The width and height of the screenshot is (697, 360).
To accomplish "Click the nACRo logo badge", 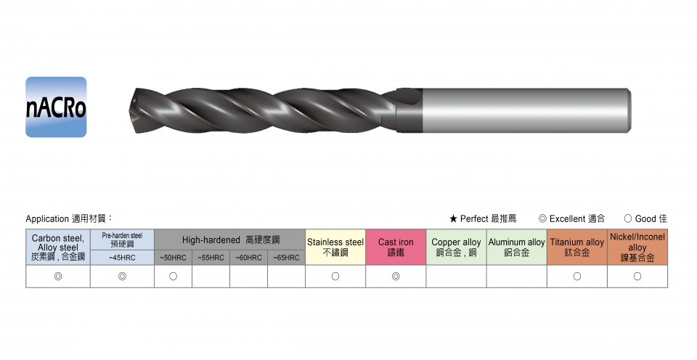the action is [x=56, y=107].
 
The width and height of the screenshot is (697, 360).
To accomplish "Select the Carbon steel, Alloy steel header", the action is [x=58, y=247].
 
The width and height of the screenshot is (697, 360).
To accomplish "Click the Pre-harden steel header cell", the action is [x=122, y=240].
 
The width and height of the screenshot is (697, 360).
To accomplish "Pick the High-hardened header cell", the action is [x=230, y=240].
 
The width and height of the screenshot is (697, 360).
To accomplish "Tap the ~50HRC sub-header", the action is [x=174, y=258].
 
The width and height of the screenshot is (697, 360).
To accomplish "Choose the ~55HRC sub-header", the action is [x=211, y=258].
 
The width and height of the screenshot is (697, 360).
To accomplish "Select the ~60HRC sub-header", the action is [x=248, y=258].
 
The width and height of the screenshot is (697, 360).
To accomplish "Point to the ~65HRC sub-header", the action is [x=286, y=258].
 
